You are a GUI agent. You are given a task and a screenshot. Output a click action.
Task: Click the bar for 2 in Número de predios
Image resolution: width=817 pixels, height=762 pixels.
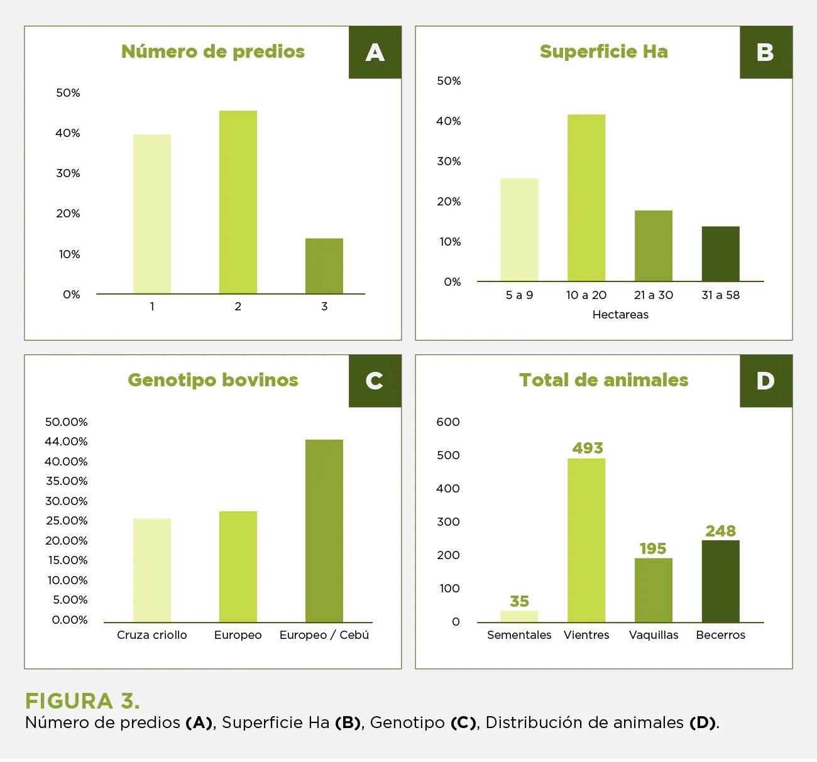[x=238, y=202]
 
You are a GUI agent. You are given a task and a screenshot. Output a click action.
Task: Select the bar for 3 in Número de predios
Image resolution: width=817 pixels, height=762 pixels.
[x=324, y=266]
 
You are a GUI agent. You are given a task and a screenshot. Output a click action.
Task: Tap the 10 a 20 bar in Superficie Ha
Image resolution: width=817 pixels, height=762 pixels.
[x=586, y=198]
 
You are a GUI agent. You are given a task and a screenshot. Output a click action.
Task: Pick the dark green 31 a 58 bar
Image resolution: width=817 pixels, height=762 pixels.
[x=720, y=254]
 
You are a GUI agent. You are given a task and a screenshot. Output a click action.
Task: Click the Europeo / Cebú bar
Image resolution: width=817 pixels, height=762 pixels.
[x=324, y=531]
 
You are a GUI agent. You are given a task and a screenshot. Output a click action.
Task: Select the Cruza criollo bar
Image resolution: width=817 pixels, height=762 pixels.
[x=152, y=570]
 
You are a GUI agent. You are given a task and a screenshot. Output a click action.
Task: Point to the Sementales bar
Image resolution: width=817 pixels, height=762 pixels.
[x=519, y=616]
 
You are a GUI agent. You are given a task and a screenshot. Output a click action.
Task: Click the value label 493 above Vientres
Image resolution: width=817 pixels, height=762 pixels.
[x=588, y=448]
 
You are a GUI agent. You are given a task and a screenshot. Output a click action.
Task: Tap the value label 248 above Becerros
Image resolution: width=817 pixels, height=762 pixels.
[x=720, y=531]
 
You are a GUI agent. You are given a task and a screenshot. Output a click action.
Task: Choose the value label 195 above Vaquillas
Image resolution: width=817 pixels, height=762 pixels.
[x=653, y=548]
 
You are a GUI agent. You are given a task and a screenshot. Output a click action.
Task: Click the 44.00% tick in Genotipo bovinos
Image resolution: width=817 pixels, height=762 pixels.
[x=66, y=442]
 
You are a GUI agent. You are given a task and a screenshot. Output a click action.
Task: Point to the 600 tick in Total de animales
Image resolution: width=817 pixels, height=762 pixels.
[x=448, y=422]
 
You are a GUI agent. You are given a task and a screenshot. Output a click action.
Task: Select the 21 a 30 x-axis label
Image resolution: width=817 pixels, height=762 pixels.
[x=654, y=295]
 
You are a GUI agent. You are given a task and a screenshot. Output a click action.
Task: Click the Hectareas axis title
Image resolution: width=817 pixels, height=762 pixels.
[x=620, y=315]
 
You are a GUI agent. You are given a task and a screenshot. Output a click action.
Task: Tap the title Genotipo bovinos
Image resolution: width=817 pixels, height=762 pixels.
[x=213, y=380]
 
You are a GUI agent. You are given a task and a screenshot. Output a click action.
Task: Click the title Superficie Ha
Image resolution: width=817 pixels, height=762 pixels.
[x=603, y=52]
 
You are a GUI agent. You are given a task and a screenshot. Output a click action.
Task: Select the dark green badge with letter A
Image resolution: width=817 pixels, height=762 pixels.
[x=375, y=52]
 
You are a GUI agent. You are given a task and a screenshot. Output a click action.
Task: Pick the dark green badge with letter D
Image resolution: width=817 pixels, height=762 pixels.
[x=765, y=381]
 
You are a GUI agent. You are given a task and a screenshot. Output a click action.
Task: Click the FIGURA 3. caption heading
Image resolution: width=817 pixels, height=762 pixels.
[x=82, y=701]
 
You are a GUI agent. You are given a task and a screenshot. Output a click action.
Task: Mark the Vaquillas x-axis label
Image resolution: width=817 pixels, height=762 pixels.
[x=654, y=635]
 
